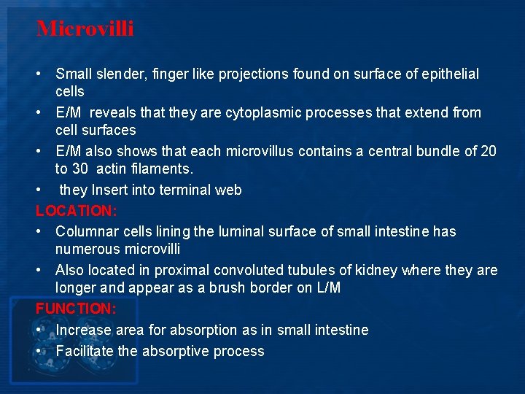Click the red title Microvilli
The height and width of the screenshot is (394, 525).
(85, 29)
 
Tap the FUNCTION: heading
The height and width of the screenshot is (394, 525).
(76, 309)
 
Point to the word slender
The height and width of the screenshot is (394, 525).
(120, 74)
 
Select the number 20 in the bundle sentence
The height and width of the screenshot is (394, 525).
(488, 151)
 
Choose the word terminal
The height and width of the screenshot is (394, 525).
(190, 190)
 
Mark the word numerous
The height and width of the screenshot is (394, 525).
(88, 250)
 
